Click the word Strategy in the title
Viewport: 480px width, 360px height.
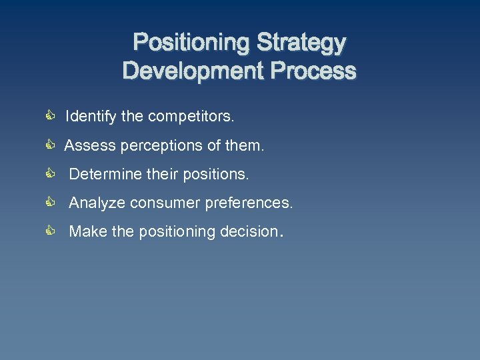[302, 43]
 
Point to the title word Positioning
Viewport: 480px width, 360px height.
[192, 43]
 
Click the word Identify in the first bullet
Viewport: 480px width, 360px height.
[91, 117]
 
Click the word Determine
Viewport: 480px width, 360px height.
[101, 175]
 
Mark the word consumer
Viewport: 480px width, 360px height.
[159, 203]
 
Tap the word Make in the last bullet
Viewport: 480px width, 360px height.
[85, 232]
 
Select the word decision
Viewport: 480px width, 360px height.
[249, 232]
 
